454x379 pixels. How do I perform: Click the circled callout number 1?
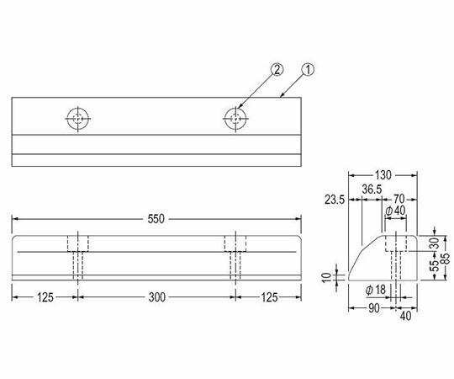(308, 70)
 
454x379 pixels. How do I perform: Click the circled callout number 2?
(277, 70)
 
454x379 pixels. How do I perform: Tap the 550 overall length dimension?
(156, 219)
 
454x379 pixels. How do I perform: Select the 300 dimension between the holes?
(157, 297)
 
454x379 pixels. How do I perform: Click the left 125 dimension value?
(45, 297)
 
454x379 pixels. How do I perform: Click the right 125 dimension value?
(270, 297)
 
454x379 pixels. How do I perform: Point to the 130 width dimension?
(383, 175)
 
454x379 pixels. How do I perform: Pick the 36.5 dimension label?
(372, 189)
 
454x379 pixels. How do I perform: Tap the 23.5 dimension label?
(335, 200)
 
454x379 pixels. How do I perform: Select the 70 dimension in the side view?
(399, 199)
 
